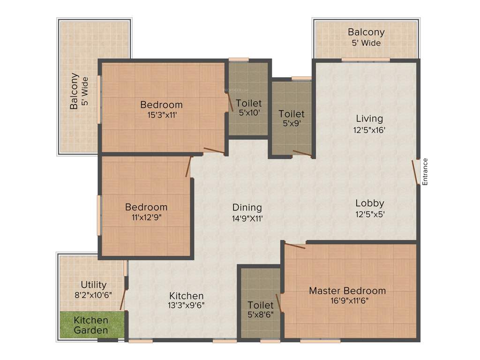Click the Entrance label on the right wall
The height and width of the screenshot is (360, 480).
click(x=426, y=172)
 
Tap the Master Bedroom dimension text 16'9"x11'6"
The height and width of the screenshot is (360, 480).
click(x=347, y=301)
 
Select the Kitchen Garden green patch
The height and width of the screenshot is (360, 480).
click(x=92, y=325)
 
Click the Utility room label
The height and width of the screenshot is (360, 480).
click(x=94, y=285)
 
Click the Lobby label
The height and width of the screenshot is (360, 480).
click(x=369, y=203)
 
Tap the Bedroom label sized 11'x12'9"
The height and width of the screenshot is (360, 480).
click(x=146, y=207)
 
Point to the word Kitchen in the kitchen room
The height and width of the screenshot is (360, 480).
click(x=187, y=295)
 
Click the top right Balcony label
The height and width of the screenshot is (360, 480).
click(x=366, y=32)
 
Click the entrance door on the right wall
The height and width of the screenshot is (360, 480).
click(x=415, y=172)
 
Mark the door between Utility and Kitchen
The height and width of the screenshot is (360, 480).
click(x=123, y=300)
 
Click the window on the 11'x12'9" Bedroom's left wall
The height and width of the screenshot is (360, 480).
click(x=99, y=215)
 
